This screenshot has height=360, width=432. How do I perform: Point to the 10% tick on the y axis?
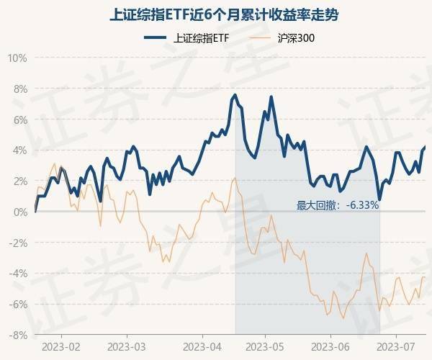17,58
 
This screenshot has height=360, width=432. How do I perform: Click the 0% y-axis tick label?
19,212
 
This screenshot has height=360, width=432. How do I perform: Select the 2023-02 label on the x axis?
61,347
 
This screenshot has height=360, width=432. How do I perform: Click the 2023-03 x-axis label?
127,347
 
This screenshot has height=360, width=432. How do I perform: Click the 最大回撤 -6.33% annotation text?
338,205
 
